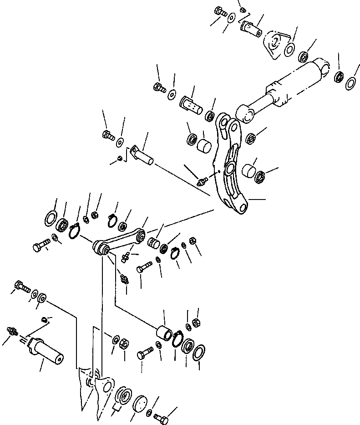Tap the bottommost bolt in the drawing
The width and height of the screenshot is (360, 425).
click(162, 416)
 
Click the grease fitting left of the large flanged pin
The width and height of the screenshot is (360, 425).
click(12, 331)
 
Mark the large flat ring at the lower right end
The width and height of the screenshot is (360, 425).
click(199, 352)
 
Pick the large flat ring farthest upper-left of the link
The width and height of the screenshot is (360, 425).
click(51, 217)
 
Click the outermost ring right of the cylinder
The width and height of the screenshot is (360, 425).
click(351, 83)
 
